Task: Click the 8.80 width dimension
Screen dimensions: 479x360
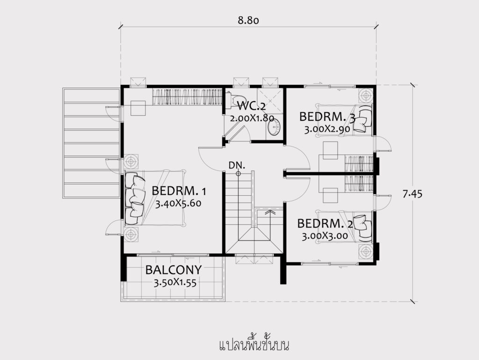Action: [x=248, y=20]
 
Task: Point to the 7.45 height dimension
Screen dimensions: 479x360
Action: [x=413, y=194]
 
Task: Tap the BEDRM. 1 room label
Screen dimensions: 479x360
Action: [x=179, y=191]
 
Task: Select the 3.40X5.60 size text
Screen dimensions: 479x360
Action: [x=178, y=204]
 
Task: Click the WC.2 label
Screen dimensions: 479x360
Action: [x=251, y=106]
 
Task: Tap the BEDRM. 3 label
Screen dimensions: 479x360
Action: [x=327, y=117]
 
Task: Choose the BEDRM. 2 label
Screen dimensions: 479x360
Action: [x=325, y=224]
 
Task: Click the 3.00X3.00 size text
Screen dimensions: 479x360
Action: [x=325, y=236]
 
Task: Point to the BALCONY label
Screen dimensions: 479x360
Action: [x=174, y=270]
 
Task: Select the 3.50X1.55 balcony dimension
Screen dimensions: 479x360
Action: [x=175, y=283]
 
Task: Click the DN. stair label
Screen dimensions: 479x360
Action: [x=237, y=165]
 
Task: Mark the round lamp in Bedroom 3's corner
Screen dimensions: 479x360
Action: [x=366, y=96]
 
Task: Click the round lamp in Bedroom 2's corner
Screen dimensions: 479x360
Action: [x=366, y=252]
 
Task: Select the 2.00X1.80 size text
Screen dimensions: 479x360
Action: [x=252, y=118]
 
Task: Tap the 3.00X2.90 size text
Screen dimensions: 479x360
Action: [x=327, y=129]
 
